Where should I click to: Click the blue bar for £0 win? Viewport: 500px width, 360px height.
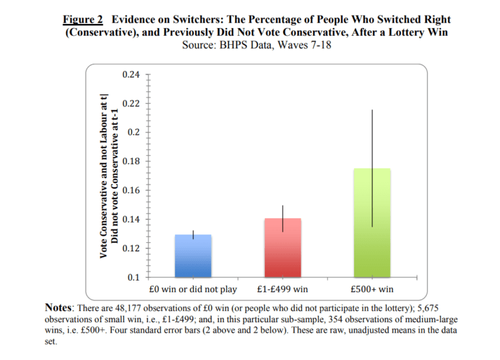click(x=193, y=256)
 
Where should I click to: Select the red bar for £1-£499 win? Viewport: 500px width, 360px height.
click(x=282, y=248)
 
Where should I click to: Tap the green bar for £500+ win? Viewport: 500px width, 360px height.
click(x=372, y=223)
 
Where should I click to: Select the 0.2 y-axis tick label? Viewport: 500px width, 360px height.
click(x=133, y=133)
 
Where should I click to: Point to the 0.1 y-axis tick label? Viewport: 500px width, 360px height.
click(x=133, y=277)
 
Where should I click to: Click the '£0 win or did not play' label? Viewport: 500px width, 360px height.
click(x=193, y=289)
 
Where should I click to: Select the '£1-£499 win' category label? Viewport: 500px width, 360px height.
click(x=282, y=289)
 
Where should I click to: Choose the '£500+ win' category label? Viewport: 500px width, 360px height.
click(x=372, y=289)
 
